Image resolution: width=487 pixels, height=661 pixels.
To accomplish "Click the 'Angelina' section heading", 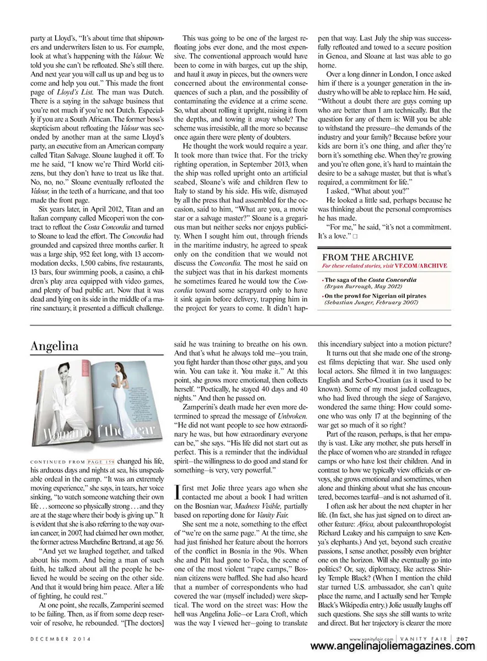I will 55,346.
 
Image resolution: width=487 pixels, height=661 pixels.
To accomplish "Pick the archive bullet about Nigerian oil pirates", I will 375,296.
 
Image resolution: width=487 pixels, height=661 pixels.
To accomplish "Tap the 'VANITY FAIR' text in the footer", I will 427,638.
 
